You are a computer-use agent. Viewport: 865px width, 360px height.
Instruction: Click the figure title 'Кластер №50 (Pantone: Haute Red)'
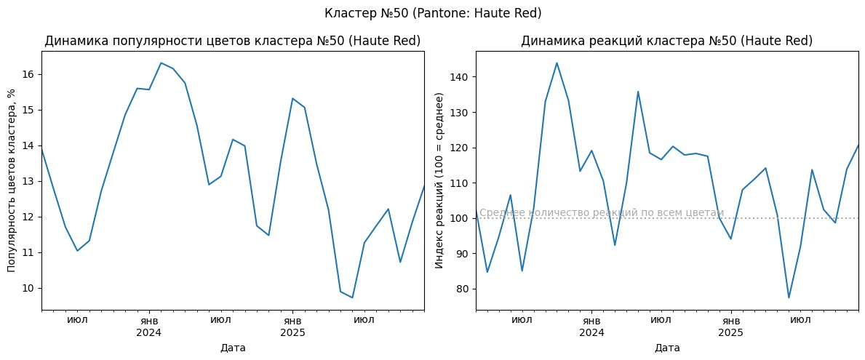[x=432, y=13]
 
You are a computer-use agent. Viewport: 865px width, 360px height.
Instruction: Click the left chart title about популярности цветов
[x=233, y=41]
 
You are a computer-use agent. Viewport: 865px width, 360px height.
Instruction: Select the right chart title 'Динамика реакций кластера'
[x=666, y=41]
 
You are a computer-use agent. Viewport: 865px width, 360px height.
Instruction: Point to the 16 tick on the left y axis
[x=29, y=75]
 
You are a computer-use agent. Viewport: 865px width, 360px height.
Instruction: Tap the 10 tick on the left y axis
[x=29, y=288]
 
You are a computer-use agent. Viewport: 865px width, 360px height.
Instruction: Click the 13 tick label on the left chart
[x=29, y=182]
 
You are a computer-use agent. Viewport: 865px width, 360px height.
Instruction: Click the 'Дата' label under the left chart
[x=233, y=348]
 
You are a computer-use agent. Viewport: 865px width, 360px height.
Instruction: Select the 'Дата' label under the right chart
[x=666, y=348]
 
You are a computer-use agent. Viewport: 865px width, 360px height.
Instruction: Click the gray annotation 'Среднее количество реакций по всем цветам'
[x=601, y=212]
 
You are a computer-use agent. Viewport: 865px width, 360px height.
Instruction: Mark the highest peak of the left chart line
[x=161, y=63]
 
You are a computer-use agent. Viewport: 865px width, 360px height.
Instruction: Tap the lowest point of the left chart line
[x=352, y=297]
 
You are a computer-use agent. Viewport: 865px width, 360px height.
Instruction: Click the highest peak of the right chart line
[x=557, y=63]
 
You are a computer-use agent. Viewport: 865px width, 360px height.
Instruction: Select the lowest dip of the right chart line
[x=789, y=297]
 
